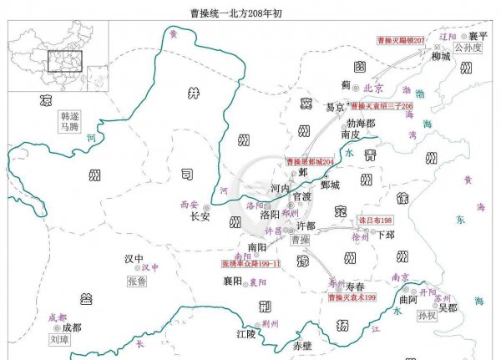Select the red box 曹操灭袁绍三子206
382,107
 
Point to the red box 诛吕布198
375,220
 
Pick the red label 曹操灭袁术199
352,297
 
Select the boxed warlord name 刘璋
58,341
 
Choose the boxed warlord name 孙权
427,316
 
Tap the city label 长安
200,215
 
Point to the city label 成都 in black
72,327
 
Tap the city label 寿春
355,286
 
